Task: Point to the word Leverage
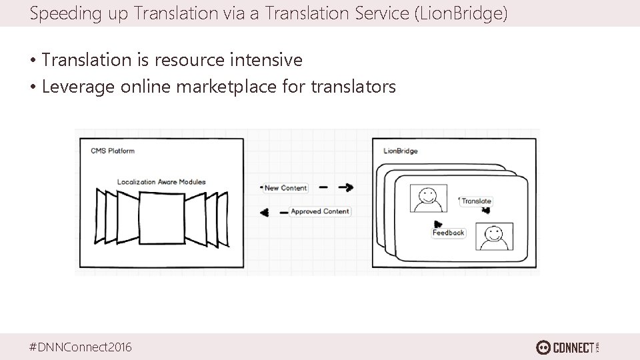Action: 78,87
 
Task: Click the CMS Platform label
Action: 113,151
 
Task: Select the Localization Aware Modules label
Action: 161,181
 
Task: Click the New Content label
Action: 285,188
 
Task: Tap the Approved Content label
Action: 319,211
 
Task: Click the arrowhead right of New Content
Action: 347,188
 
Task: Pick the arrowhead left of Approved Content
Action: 265,212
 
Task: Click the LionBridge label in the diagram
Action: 401,151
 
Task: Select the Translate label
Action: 476,201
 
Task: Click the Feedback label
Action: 448,233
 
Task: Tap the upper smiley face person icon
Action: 426,198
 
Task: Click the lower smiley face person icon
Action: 494,236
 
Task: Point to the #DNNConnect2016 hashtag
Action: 81,347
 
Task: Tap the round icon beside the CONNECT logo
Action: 543,347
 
